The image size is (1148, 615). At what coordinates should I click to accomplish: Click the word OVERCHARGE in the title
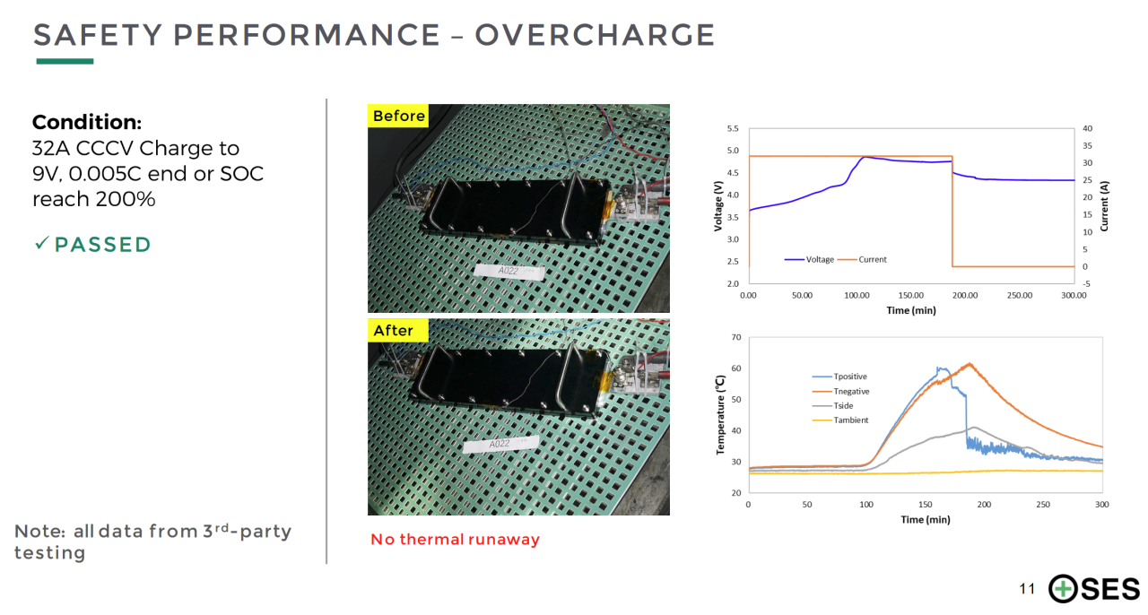(595, 35)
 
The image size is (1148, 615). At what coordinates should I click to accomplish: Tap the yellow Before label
(398, 116)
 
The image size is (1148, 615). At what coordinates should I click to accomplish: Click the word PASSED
(102, 245)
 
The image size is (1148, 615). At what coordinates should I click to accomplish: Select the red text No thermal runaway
(455, 539)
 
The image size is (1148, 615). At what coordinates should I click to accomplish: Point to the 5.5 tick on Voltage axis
(734, 129)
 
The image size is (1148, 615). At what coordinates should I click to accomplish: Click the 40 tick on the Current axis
(1087, 129)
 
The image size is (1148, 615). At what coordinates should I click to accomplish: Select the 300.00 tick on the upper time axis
(1074, 295)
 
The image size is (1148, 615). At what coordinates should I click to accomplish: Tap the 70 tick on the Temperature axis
(735, 338)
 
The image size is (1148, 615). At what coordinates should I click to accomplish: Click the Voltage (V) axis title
(718, 205)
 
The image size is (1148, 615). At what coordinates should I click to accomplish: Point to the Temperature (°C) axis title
(719, 415)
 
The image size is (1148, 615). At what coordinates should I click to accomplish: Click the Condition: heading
(87, 123)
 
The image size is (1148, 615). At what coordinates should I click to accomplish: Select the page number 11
(1027, 589)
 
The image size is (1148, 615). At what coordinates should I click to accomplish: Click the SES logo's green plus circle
(1064, 589)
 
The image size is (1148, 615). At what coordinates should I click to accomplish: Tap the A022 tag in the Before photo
(509, 270)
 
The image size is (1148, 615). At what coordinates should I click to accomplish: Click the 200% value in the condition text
(126, 199)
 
